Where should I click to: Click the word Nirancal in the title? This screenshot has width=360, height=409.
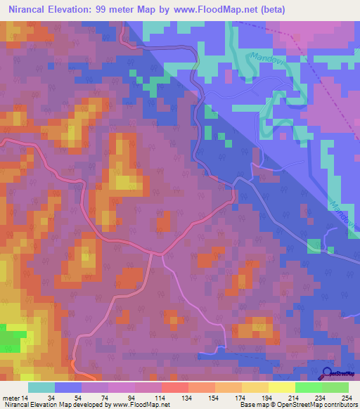32,10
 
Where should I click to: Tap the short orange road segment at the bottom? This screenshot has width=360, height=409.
75,366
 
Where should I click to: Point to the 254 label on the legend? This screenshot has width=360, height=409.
347,397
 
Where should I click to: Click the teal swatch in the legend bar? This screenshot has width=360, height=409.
41,387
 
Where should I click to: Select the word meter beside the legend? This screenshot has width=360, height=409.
12,397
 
